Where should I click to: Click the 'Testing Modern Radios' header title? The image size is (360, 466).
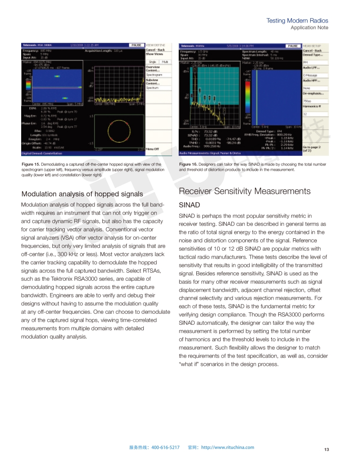(x=297, y=21)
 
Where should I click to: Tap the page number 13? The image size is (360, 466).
(x=326, y=449)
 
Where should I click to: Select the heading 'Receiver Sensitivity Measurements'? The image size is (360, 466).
(x=244, y=191)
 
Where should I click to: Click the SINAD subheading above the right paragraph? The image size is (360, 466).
(x=189, y=205)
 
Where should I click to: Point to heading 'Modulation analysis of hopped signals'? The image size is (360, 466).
(x=82, y=194)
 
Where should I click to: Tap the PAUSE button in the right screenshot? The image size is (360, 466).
(x=292, y=45)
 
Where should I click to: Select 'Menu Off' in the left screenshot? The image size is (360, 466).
(x=152, y=149)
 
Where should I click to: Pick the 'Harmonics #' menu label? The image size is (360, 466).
(x=311, y=107)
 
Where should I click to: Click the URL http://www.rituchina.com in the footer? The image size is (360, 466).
(x=228, y=447)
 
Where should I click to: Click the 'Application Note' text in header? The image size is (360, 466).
(x=309, y=27)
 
